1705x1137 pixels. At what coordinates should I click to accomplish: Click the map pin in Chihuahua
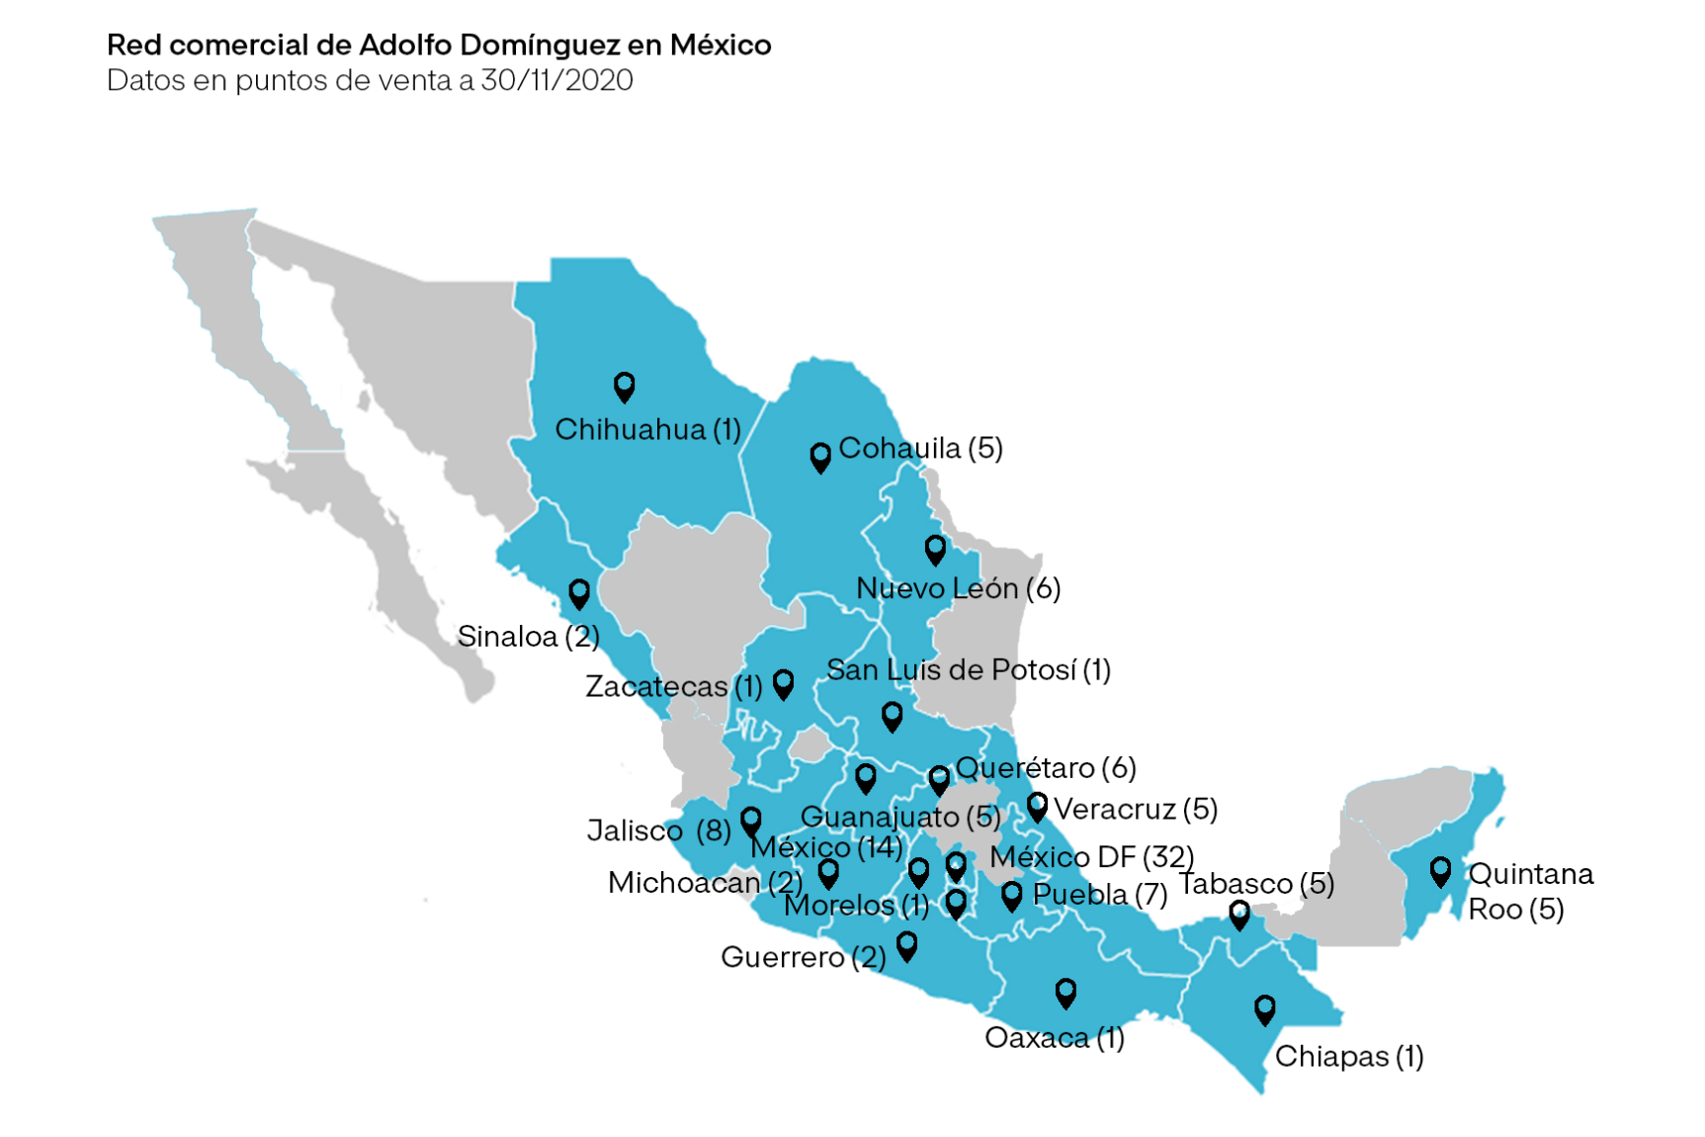[624, 386]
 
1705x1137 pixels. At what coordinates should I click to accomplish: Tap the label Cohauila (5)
[920, 448]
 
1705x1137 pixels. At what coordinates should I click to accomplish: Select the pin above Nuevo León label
[935, 549]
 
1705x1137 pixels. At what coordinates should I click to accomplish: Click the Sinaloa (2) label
[528, 636]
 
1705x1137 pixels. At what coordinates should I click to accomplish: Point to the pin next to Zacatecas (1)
[784, 683]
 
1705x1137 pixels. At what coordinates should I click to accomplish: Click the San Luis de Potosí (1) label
[969, 670]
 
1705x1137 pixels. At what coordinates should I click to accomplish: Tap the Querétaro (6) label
[1046, 767]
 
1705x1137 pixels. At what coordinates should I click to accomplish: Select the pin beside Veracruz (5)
[1037, 807]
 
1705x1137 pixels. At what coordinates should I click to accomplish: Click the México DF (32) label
[1091, 856]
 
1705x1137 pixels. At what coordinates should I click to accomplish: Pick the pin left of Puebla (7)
[1011, 896]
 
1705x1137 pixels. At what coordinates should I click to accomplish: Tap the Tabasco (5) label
[1256, 883]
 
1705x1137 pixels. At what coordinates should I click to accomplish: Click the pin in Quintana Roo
[1440, 871]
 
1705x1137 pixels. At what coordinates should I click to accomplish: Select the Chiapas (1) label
[1348, 1056]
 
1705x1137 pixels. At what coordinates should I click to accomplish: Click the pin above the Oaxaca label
[1066, 992]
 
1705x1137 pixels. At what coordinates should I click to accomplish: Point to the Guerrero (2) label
[803, 957]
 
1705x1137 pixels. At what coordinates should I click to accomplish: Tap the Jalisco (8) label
[658, 830]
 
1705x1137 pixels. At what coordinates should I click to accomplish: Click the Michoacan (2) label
[705, 882]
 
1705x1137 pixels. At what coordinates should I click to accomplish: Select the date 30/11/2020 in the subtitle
[556, 80]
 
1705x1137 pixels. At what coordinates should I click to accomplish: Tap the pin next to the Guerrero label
[906, 946]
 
